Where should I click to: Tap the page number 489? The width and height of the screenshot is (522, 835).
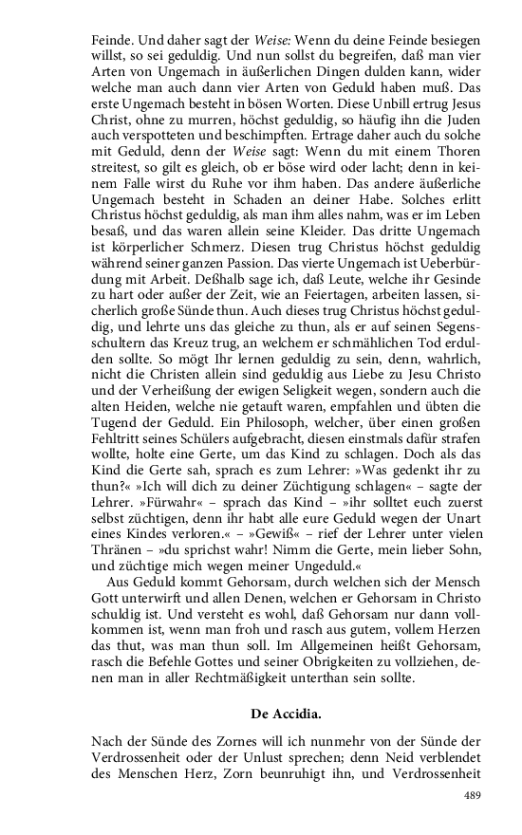[472, 795]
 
